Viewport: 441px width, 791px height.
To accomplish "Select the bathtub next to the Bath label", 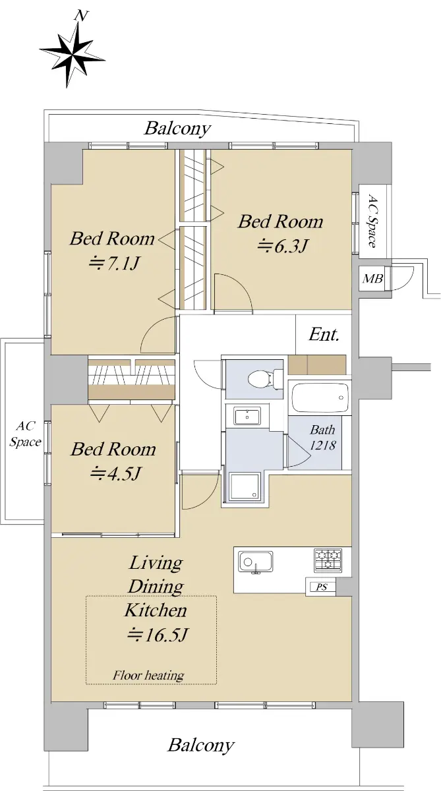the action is tap(320, 397).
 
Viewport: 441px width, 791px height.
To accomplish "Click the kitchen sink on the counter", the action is tap(255, 562).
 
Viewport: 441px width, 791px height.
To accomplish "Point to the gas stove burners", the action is tap(328, 560).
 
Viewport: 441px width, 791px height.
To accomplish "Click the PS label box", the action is tap(321, 587).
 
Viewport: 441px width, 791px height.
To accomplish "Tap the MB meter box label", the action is tap(372, 279).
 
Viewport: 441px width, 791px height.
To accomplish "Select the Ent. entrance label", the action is tap(324, 334).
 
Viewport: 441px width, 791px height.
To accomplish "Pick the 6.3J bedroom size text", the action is tap(283, 246).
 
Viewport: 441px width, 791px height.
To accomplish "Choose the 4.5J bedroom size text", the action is tap(116, 473).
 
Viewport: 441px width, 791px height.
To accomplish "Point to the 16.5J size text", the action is tap(157, 635).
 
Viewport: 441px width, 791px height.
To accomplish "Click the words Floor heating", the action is tap(148, 676).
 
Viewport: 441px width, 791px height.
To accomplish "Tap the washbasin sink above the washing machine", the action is tap(247, 416).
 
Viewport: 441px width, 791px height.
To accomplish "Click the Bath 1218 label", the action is tap(323, 438).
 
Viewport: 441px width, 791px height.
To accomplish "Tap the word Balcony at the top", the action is tap(177, 128).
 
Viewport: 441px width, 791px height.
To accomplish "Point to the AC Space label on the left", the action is tap(25, 434).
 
